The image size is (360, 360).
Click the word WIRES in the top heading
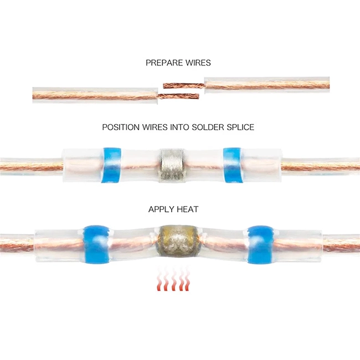coord(198,63)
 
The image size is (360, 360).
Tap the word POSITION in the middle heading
coord(121,127)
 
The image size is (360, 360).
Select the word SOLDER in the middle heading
coord(208,127)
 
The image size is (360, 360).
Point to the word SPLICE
coord(240,127)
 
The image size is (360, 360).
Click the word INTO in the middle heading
coord(179,127)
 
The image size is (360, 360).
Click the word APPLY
coord(161,209)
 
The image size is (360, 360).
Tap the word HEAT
coord(188,209)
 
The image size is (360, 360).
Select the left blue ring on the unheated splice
coord(111,165)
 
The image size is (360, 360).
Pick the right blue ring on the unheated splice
coord(232,165)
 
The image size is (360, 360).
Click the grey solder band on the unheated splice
coord(172,166)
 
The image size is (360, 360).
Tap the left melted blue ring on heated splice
coord(95,245)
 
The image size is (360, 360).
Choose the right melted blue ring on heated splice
coord(261,245)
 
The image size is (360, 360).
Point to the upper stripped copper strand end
coord(163,86)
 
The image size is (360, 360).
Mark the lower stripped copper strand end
coord(199,96)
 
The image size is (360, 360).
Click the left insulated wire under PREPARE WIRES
coord(95,95)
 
